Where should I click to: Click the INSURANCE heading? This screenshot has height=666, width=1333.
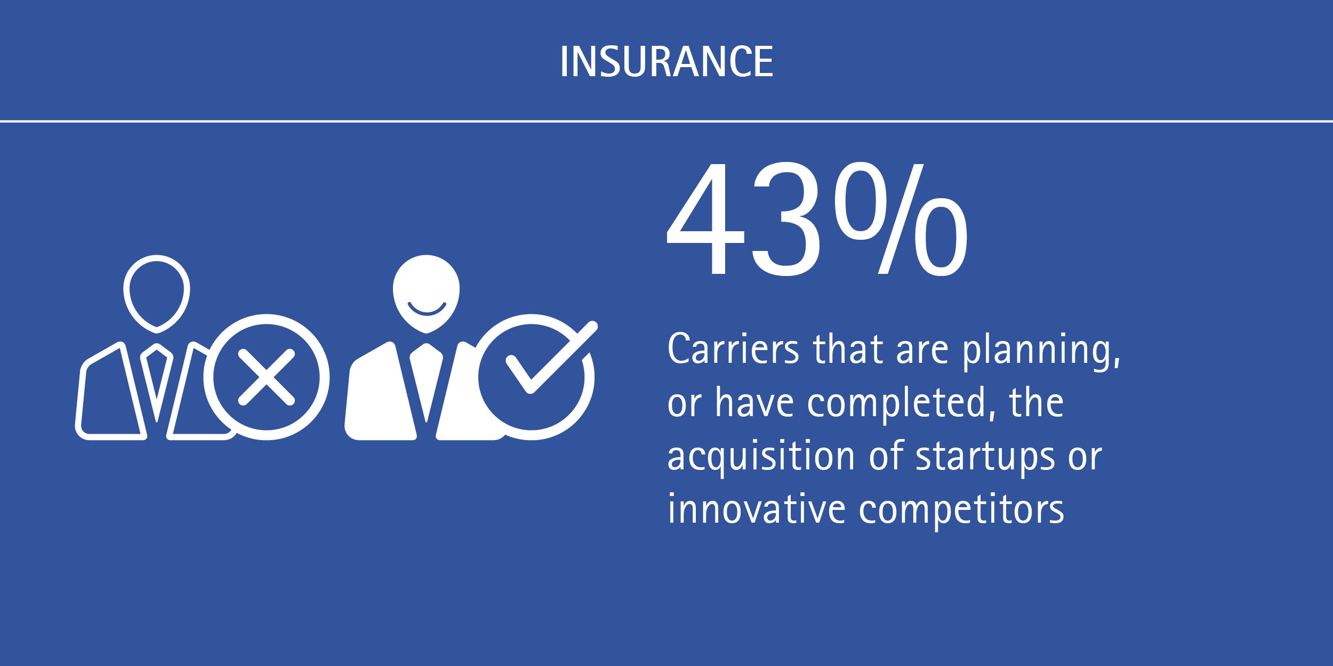tap(666, 61)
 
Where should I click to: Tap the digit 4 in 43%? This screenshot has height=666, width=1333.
tap(705, 220)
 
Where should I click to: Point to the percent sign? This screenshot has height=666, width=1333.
tap(901, 219)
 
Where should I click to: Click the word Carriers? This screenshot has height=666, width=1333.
tap(733, 350)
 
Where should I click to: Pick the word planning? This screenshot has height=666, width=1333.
tap(1041, 352)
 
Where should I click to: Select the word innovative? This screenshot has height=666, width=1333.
tap(757, 509)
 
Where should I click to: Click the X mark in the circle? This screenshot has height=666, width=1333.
tap(266, 377)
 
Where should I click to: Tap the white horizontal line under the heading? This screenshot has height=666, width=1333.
tap(666, 121)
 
